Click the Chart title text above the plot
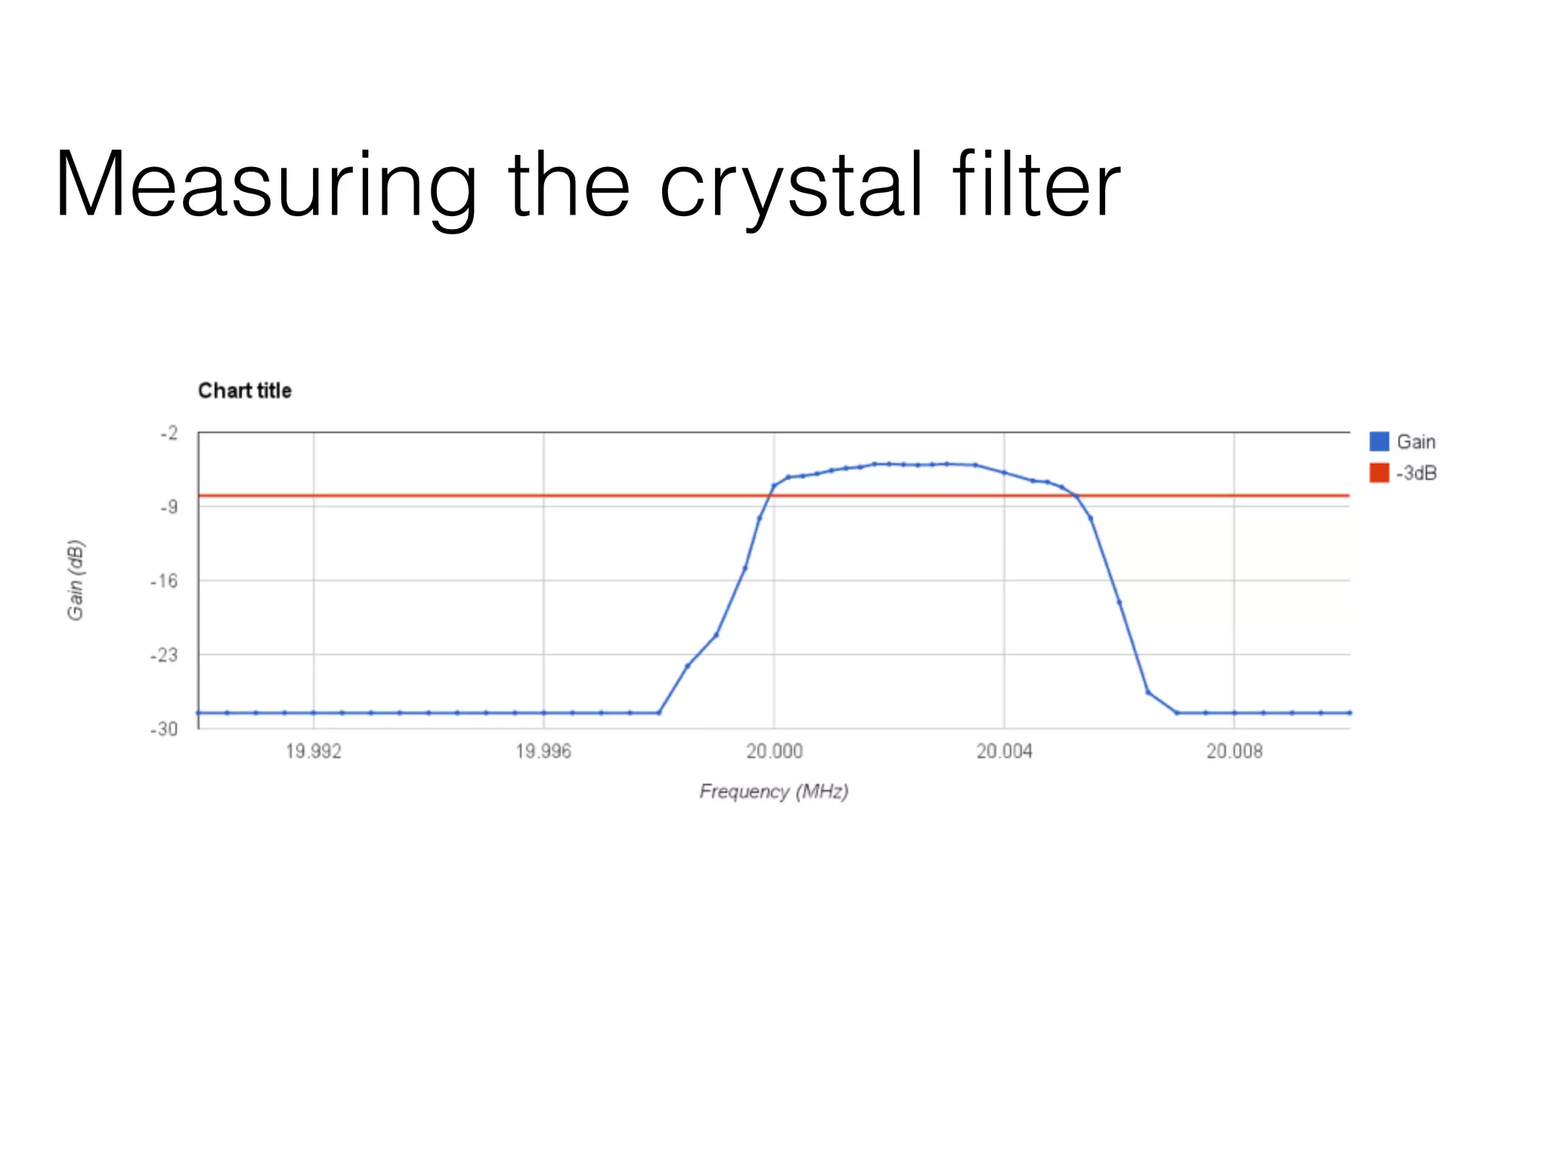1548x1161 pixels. coord(244,391)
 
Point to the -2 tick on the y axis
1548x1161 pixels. coord(169,433)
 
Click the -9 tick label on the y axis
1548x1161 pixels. coord(169,506)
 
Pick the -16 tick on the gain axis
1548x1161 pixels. coord(165,581)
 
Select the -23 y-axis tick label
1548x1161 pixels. coord(165,655)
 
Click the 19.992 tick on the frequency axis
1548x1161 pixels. coord(313,751)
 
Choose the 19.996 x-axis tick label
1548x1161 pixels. coord(543,751)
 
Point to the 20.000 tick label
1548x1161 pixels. coord(774,751)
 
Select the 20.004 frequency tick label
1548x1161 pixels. coord(1004,751)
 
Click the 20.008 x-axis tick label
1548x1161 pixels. coord(1234,751)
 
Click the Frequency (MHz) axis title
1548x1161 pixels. coord(774,791)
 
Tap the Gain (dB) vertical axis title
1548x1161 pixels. coord(76,580)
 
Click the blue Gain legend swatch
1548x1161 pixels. coord(1379,441)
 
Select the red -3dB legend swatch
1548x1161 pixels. coord(1379,473)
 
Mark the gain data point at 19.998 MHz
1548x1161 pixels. coord(659,713)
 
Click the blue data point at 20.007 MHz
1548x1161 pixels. coord(1177,713)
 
